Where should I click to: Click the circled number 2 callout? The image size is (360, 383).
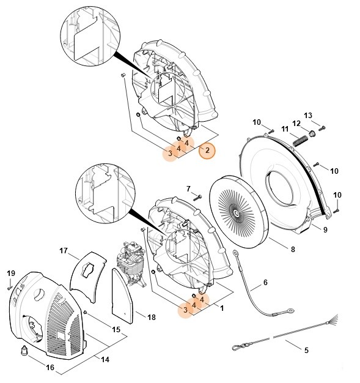coord(207,150)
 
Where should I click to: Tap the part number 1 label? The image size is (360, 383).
coord(221,308)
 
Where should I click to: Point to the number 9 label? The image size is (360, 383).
coord(325,229)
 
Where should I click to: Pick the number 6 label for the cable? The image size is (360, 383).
coord(265,283)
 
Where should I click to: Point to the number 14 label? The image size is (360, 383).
coord(105,359)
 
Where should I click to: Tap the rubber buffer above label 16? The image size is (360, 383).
coord(24,351)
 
